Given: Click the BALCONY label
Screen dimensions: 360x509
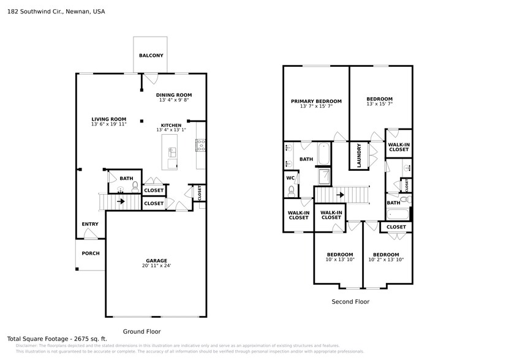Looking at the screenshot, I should (x=151, y=56).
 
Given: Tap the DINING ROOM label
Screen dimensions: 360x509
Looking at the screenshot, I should (x=174, y=95).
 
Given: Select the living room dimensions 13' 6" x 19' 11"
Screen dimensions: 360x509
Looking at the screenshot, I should (x=108, y=124).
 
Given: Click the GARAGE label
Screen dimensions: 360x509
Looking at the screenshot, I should (x=156, y=260).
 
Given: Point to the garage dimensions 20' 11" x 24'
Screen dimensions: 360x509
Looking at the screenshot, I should (x=156, y=266).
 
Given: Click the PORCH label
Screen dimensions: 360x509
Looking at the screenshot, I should (x=90, y=253).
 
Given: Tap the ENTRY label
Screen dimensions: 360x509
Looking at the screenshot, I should (x=90, y=224).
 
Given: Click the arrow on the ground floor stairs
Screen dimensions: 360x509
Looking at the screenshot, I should (x=121, y=201).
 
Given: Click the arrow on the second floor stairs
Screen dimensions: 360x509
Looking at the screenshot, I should (x=339, y=195).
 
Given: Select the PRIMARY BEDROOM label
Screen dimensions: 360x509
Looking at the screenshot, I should (x=316, y=101).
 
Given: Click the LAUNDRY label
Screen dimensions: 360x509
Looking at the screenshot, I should (x=358, y=156).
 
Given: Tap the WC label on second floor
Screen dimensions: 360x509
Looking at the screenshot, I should (x=290, y=179).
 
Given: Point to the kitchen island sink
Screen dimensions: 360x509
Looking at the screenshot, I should (x=172, y=151).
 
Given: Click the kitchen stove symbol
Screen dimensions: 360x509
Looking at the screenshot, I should (x=200, y=145).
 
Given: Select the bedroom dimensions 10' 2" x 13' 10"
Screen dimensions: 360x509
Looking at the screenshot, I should (x=386, y=260).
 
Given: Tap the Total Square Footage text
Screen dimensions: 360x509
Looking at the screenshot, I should (x=48, y=339).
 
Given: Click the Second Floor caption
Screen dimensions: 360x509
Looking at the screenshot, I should (x=350, y=301).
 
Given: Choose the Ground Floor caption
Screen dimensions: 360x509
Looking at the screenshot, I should (x=142, y=331).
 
